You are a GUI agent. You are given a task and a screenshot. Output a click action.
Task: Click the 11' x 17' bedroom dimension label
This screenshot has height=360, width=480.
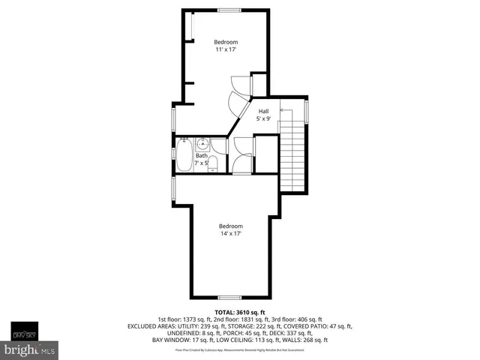pos(226,51)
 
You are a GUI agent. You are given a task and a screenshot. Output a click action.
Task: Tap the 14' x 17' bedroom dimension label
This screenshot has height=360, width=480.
pos(231,235)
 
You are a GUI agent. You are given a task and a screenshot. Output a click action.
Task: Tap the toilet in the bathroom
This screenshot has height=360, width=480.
pos(212,164)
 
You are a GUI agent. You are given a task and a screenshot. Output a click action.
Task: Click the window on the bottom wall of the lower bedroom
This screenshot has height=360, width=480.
pos(230,297)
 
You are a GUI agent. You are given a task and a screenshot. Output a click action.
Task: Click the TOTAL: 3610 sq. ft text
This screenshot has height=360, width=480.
pos(239,311)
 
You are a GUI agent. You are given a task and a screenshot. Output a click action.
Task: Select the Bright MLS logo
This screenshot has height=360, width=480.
pos(30,350)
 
